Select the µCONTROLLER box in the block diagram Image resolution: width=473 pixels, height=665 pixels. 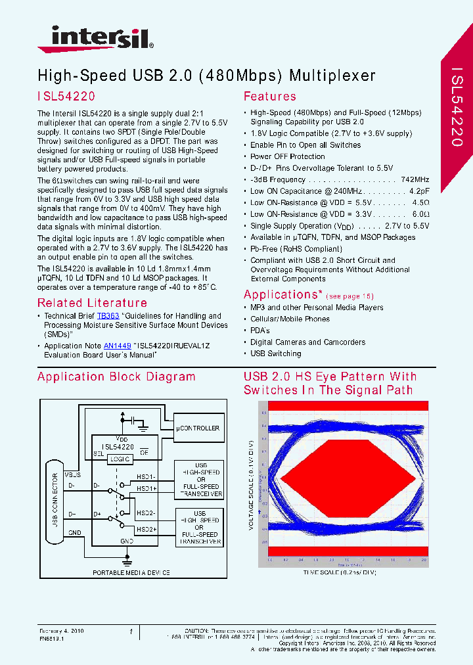[x=198, y=428]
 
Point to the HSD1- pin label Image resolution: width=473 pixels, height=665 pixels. [x=146, y=476]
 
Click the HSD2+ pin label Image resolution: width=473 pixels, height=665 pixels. [x=146, y=529]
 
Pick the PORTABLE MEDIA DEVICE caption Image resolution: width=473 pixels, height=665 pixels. [x=131, y=573]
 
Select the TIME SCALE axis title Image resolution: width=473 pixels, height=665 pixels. [x=340, y=572]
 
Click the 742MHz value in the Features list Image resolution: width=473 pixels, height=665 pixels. [x=415, y=179]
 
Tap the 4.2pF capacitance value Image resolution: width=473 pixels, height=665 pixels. [x=419, y=191]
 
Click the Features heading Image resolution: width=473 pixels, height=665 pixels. [x=269, y=96]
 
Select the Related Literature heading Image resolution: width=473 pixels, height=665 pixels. [x=92, y=303]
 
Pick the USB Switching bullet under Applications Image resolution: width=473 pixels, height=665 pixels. [x=275, y=354]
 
